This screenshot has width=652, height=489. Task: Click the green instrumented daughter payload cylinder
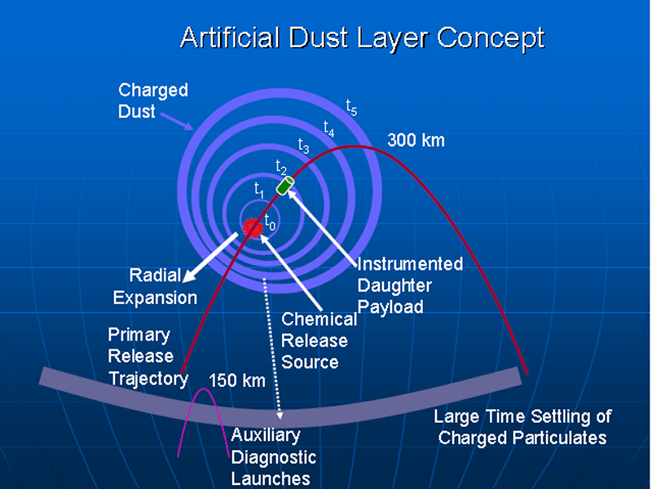[x=285, y=186]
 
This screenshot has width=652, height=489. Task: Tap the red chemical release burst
[x=253, y=228]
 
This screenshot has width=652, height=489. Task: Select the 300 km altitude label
[x=416, y=140]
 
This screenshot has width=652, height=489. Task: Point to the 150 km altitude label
[x=237, y=381]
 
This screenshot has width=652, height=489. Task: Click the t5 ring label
[x=352, y=108]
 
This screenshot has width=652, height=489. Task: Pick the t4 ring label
[x=329, y=129]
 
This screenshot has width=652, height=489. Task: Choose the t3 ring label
[x=303, y=146]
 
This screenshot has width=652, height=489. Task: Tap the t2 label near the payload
[x=281, y=167]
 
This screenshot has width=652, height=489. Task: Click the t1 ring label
[x=259, y=190]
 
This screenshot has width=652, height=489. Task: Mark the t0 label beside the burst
[x=270, y=221]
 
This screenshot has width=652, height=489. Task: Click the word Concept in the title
[x=491, y=38]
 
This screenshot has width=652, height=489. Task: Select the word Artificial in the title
[x=230, y=37]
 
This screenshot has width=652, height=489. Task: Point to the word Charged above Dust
[x=153, y=90]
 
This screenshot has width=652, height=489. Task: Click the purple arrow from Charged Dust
[x=177, y=121]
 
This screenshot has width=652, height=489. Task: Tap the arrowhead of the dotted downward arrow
[x=280, y=415]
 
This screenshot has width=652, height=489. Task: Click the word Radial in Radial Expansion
[x=155, y=275]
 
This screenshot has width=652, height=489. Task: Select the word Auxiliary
[x=266, y=435]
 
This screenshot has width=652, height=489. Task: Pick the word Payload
[x=390, y=308]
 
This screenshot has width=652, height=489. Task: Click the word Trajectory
[x=148, y=379]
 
